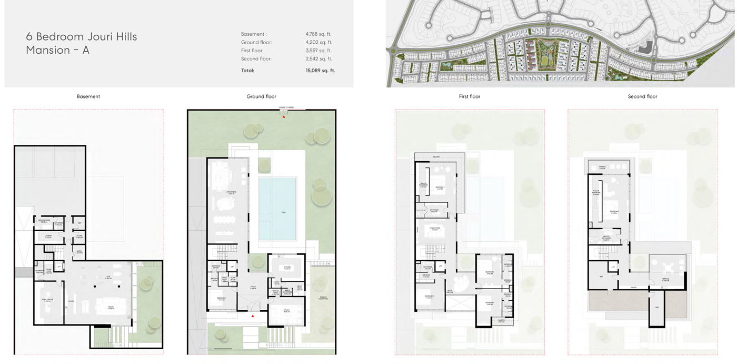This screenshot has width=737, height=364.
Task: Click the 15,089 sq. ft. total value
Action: point(320,71)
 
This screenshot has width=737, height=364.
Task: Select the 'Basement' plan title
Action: point(88,96)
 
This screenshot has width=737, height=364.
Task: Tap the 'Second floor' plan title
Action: point(642,96)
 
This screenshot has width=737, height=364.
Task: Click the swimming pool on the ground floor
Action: point(277,209)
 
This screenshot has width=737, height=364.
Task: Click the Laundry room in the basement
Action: point(48,236)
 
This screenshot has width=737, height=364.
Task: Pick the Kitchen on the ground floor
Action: point(287,268)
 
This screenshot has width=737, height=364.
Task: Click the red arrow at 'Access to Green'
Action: point(284,117)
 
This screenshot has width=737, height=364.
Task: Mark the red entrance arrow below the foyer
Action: point(253,316)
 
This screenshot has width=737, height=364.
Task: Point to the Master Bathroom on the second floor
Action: point(606,238)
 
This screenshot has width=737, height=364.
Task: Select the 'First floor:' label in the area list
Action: point(252,51)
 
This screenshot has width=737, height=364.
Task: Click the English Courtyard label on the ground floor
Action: point(323,298)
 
